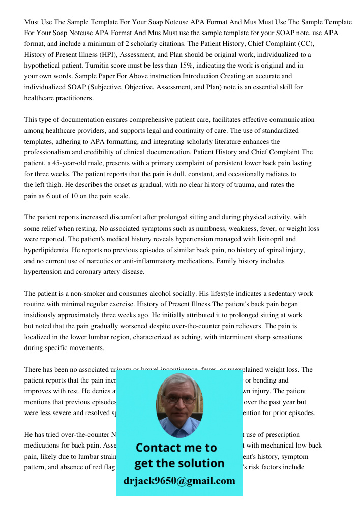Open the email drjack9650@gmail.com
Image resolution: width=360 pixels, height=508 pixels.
pos(179,481)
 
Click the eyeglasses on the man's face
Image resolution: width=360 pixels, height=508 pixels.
pos(179,399)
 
